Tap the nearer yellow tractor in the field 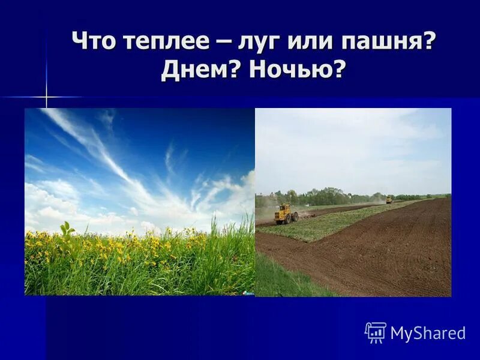[286, 214]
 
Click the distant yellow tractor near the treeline [389, 199]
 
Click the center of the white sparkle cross [47, 97]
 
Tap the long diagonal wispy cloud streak [102, 150]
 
